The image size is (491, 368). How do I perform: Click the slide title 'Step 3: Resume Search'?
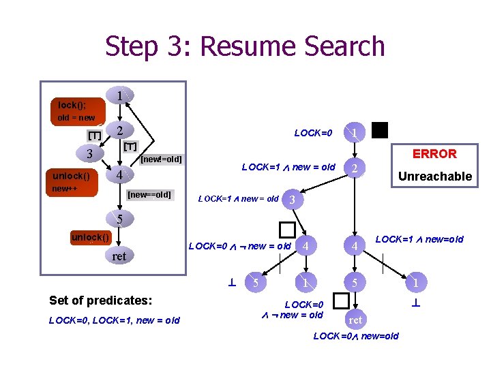[x=245, y=46]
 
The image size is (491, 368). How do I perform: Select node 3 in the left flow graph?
[x=89, y=153]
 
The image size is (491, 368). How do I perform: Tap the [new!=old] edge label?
[x=161, y=159]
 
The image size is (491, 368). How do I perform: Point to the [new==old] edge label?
[x=149, y=196]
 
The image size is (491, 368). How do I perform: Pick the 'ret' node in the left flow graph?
[x=119, y=256]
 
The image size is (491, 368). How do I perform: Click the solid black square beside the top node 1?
[x=380, y=130]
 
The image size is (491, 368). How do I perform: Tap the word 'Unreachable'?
[x=434, y=177]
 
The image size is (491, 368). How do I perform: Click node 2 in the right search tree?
[x=353, y=168]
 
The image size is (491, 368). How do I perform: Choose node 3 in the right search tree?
[x=292, y=200]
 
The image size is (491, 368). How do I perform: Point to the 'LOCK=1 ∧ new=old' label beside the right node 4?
[x=419, y=239]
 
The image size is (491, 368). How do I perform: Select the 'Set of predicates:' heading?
[x=100, y=300]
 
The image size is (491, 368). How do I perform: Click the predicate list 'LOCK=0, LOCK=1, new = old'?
[x=115, y=320]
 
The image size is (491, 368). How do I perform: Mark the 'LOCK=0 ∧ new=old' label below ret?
[x=355, y=336]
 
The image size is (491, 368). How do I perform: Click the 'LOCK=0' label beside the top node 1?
[x=313, y=132]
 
